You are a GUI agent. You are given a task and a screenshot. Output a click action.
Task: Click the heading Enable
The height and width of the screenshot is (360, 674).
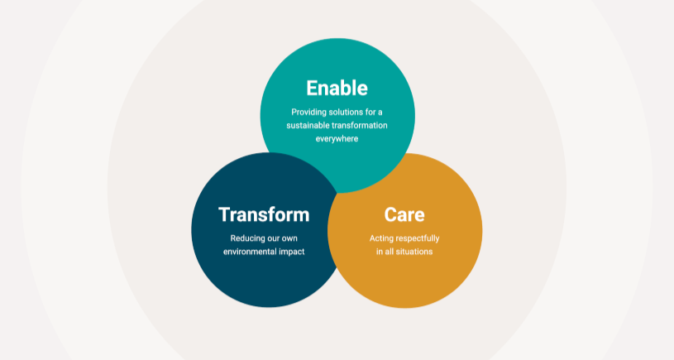337,88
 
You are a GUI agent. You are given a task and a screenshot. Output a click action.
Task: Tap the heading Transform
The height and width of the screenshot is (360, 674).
264,214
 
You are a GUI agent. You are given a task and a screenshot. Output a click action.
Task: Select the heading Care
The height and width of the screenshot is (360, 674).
404,214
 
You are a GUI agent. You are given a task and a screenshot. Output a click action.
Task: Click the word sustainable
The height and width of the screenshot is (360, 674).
308,125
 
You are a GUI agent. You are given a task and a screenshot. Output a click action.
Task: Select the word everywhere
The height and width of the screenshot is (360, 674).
337,138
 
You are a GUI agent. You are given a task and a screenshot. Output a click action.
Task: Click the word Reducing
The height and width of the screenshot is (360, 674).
247,238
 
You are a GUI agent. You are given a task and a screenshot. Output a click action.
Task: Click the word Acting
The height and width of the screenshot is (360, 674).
381,238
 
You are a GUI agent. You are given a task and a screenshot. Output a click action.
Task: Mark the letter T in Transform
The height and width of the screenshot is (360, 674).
224,214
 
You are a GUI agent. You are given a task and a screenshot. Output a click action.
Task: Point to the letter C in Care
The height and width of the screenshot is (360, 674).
391,214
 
